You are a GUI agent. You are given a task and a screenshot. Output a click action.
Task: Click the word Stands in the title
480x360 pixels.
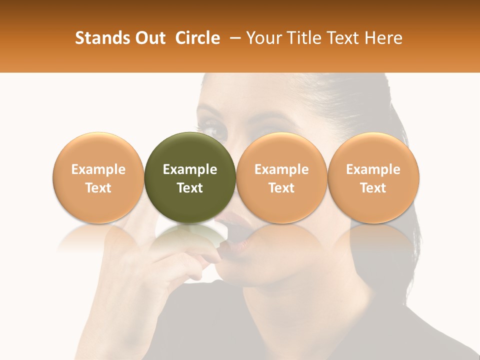pyautogui.click(x=99, y=38)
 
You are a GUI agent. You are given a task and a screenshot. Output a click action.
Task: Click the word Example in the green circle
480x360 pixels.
pyautogui.click(x=190, y=169)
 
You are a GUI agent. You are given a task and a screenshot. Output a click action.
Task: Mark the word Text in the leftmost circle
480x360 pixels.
pyautogui.click(x=98, y=188)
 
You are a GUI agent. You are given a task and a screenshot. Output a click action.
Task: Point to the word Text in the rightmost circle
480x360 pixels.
pyautogui.click(x=373, y=188)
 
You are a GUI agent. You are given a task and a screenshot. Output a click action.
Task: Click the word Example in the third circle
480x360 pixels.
pyautogui.click(x=281, y=169)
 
